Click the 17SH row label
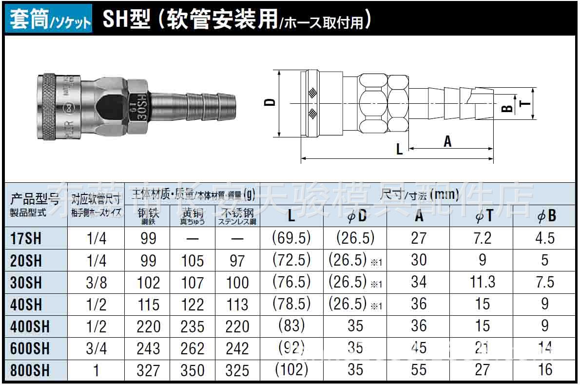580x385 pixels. [26, 238]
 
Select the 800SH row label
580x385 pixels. [30, 370]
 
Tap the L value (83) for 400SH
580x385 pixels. [291, 326]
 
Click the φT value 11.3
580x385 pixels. [482, 282]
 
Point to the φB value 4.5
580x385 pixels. [545, 238]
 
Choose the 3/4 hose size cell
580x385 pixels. [96, 348]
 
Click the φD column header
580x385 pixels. [355, 216]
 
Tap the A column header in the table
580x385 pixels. [419, 216]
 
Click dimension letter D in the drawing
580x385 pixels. [270, 103]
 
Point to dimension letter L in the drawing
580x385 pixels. [399, 149]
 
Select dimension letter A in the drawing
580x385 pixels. [447, 141]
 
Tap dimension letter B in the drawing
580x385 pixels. [507, 109]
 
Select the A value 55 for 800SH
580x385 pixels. [419, 370]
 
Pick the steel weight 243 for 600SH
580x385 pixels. [148, 348]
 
